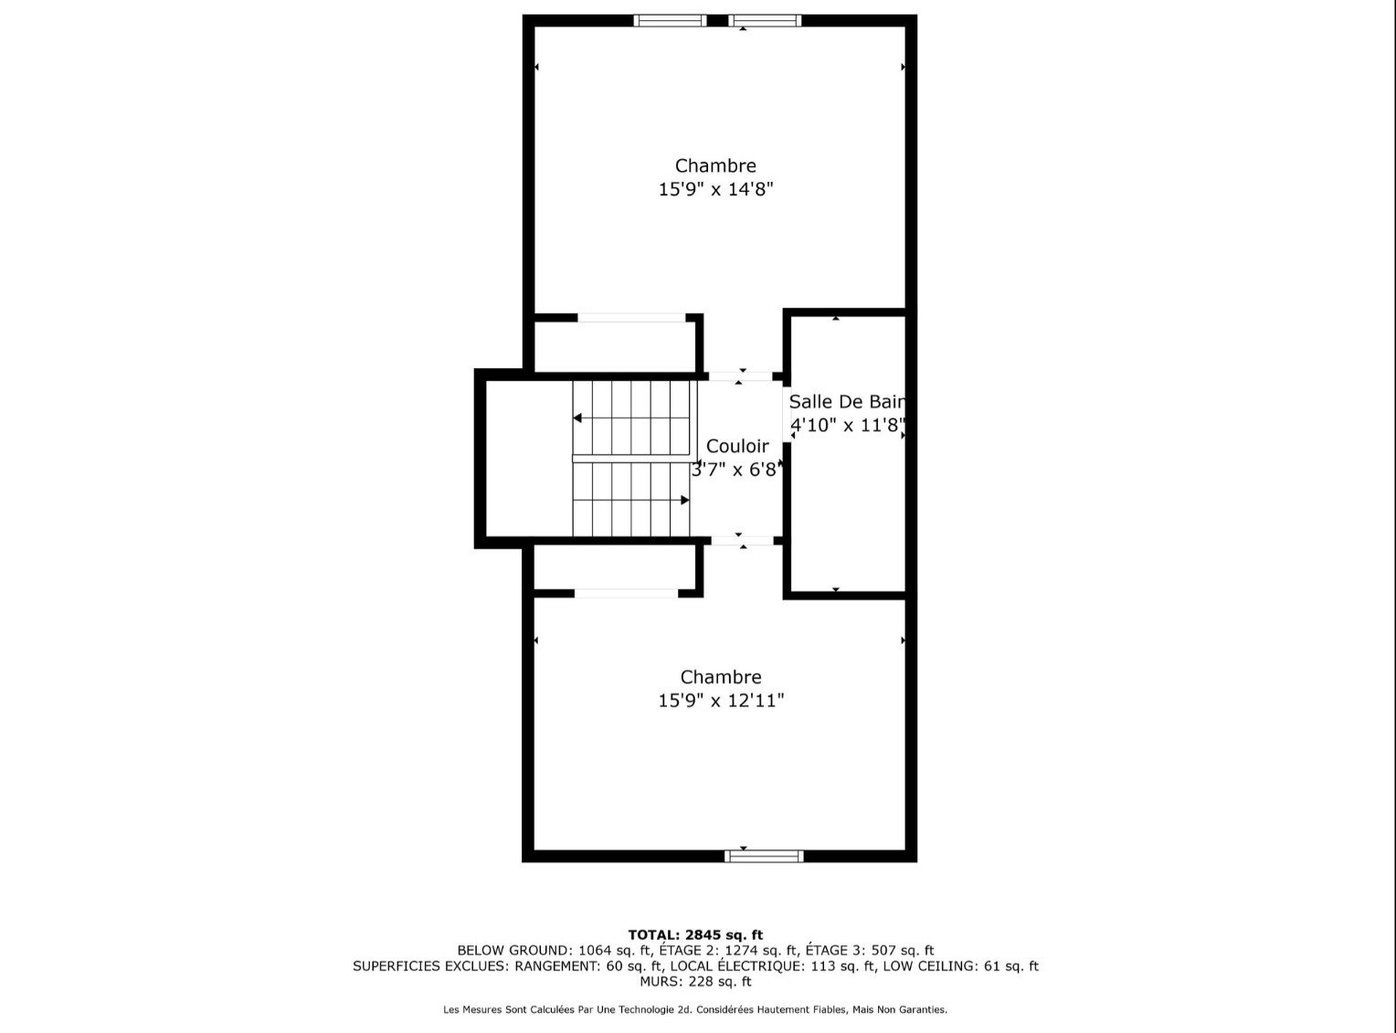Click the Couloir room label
pos(737,447)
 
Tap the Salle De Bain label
pos(847,402)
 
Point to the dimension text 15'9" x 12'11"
pos(721,701)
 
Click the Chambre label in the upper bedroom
pos(715,166)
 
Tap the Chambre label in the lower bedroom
pos(721,678)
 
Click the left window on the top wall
pos(671,20)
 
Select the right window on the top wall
pos(766,20)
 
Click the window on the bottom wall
pos(764,856)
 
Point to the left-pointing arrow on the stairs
pos(579,418)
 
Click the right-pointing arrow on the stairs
pos(683,500)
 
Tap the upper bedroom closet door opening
pos(631,318)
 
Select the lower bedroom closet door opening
pos(627,593)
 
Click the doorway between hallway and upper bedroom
pos(740,375)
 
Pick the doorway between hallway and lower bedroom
pos(742,541)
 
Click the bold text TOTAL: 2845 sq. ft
pos(695,934)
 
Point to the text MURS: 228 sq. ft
pos(695,982)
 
